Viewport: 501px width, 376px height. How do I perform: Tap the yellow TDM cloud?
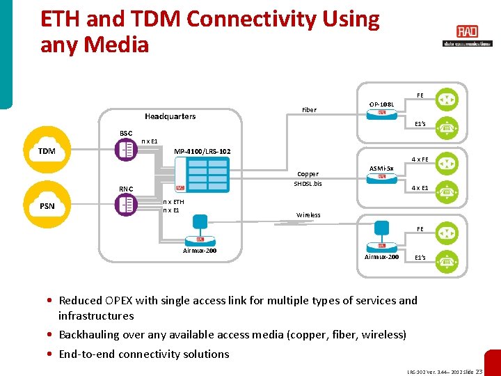(x=47, y=151)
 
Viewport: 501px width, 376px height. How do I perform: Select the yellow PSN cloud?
(x=47, y=205)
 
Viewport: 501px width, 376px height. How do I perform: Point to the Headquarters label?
(x=170, y=116)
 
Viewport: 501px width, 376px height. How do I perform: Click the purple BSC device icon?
(x=127, y=150)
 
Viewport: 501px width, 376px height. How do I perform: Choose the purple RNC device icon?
(x=127, y=204)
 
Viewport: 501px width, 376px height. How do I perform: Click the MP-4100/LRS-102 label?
(x=202, y=151)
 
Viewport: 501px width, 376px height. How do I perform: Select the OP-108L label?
(x=381, y=104)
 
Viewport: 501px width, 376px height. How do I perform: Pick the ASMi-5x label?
(x=381, y=169)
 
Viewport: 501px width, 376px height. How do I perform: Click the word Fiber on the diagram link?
(x=309, y=110)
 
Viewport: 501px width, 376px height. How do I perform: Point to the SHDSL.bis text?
(x=308, y=184)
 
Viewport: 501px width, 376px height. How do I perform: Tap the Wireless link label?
(x=308, y=215)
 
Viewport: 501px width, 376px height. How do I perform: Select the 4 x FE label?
(x=420, y=159)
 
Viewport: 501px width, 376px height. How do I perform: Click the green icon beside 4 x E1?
(x=447, y=189)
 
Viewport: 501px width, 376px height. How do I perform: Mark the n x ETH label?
(x=173, y=201)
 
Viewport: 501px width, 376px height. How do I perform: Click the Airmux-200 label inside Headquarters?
(x=199, y=250)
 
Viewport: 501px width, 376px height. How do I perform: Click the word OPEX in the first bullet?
(x=121, y=301)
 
